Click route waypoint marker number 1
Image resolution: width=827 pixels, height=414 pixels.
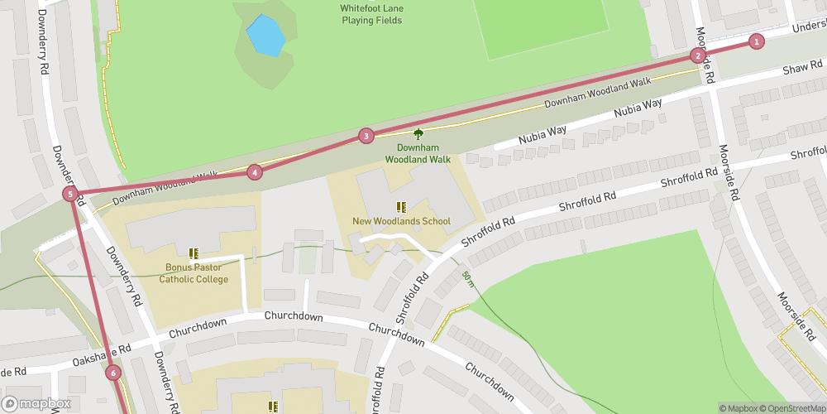756,41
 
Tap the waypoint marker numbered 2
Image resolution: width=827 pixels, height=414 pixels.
698,56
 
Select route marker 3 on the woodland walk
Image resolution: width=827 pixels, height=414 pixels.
366,136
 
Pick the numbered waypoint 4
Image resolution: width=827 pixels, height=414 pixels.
255,172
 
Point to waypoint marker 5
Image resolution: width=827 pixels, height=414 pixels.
71,195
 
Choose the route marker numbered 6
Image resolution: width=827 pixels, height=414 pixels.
113,373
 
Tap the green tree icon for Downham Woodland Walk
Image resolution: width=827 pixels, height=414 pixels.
418,133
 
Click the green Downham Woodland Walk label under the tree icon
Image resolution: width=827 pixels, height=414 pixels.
418,152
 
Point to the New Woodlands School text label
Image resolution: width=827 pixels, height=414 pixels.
401,221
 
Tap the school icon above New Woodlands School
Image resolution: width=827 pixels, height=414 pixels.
401,207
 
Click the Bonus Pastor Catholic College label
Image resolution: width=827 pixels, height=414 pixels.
195,273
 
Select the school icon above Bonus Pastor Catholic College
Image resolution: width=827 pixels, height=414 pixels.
194,253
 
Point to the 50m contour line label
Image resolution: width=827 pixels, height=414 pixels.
468,279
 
